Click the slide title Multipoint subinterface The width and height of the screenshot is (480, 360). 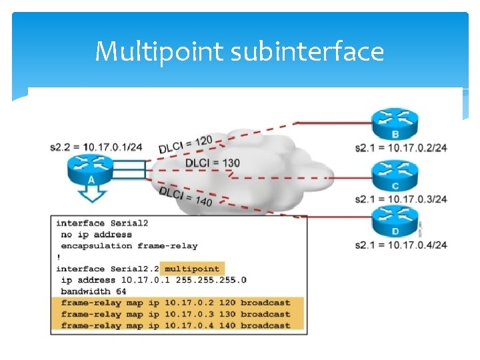click(239, 51)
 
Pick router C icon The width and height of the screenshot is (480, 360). click(395, 175)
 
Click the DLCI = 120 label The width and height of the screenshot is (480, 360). click(185, 143)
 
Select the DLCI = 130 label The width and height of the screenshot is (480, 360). click(212, 163)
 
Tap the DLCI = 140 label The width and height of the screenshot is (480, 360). click(185, 196)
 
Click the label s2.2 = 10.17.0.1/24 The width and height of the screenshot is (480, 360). click(96, 147)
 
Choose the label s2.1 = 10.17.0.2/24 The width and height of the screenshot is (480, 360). click(401, 147)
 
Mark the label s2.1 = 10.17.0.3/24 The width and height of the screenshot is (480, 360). click(401, 199)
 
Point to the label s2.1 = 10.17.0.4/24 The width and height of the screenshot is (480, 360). click(401, 245)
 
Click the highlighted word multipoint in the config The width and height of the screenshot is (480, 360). click(192, 269)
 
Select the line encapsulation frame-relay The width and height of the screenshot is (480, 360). click(129, 246)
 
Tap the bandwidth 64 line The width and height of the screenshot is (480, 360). click(93, 291)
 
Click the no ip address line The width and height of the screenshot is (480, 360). click(97, 235)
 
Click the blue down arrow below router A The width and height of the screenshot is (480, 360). click(91, 194)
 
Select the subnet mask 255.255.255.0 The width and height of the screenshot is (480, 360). click(204, 280)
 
